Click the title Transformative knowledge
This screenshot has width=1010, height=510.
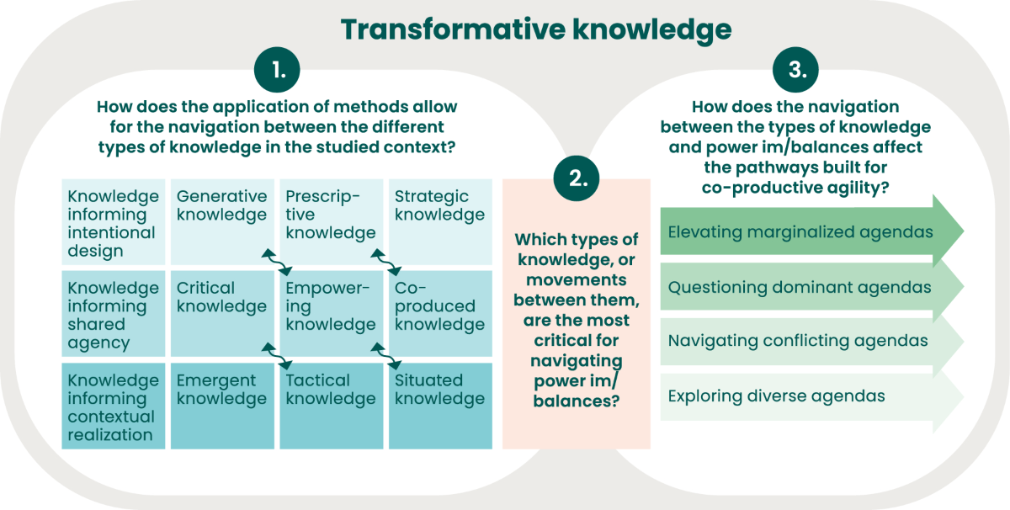[536, 29]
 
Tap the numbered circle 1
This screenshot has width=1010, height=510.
[279, 72]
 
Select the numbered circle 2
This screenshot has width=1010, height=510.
[577, 178]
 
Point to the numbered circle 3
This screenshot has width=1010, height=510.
[796, 72]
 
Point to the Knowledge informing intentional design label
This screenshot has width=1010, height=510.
[114, 223]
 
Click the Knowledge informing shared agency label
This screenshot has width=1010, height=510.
[114, 315]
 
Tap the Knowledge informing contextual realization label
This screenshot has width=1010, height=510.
[114, 407]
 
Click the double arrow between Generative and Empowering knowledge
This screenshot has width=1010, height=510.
[277, 262]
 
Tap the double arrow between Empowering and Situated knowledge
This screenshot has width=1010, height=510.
[386, 354]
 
